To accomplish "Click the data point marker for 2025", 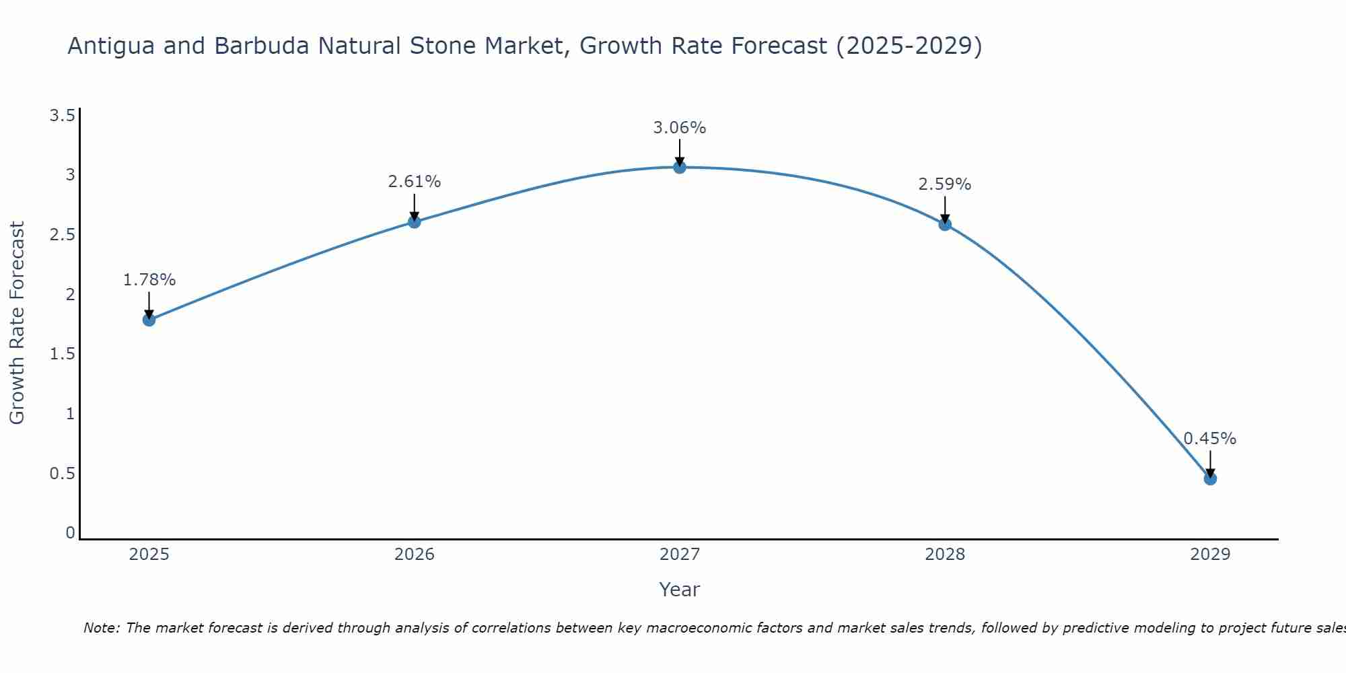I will pos(149,320).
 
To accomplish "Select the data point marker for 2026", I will pos(415,221).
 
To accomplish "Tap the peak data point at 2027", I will pos(680,167).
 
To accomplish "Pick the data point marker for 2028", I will pos(945,224).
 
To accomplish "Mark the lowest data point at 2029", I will pos(1210,479).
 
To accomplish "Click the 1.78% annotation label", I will pos(149,280).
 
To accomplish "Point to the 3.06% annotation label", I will pos(680,128).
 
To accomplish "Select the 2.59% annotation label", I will pos(945,184).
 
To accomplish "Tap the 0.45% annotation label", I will pos(1210,439).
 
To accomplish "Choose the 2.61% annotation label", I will pos(415,182).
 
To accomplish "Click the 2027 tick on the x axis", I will pos(680,555).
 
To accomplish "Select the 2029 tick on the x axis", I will pos(1210,555).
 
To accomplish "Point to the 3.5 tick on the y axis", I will pos(62,116).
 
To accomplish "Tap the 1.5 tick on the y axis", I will pos(62,354).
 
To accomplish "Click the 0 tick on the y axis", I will pos(70,533).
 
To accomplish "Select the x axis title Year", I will pos(680,590).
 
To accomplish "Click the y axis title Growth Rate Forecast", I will pos(17,323).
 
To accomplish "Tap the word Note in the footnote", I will pos(101,628).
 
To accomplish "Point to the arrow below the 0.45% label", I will pos(1210,463).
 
